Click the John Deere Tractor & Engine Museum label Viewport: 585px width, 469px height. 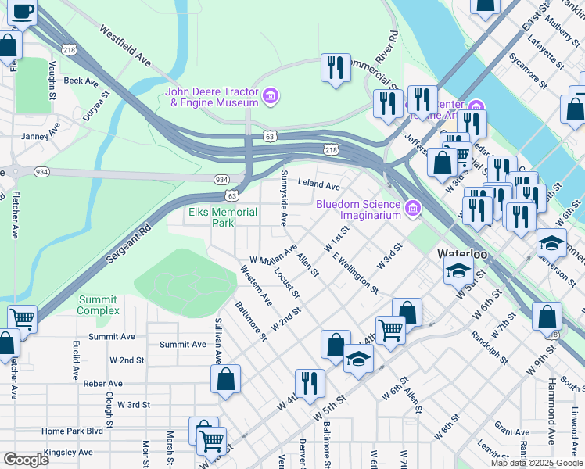click(x=211, y=97)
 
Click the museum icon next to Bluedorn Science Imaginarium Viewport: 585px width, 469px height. click(x=413, y=209)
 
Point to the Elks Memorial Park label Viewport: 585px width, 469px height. click(x=223, y=217)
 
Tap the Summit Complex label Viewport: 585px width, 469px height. click(x=98, y=305)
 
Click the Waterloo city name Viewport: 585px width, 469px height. click(x=462, y=255)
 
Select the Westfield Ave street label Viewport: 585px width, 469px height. click(x=125, y=45)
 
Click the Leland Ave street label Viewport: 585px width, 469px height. click(x=319, y=186)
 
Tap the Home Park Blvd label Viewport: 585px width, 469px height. click(x=72, y=431)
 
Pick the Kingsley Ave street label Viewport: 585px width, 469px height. click(x=68, y=452)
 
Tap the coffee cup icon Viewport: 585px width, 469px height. click(x=23, y=13)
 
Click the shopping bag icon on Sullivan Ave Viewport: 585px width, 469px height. click(x=225, y=379)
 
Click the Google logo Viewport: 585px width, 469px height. click(x=26, y=460)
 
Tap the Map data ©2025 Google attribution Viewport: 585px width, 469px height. click(x=536, y=463)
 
